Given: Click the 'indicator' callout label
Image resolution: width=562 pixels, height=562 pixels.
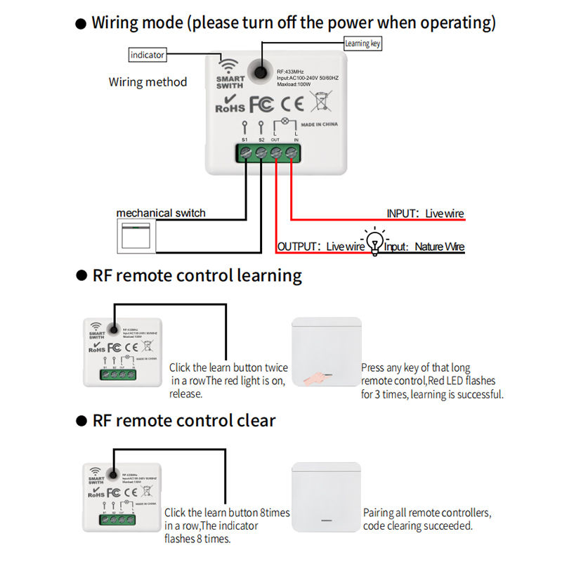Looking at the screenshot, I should click(x=148, y=54).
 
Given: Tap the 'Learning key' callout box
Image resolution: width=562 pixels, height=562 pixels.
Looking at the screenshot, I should click(x=363, y=44).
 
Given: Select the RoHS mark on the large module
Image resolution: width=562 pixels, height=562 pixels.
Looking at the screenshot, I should click(x=229, y=105).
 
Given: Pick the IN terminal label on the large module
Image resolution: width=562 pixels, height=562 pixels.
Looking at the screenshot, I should click(x=296, y=140).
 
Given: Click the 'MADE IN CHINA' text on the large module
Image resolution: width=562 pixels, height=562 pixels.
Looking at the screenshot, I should click(x=320, y=124).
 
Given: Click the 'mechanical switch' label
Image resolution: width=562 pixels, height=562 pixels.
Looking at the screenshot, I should click(x=161, y=213).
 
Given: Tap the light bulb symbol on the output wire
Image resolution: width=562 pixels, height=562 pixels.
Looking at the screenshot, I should click(x=375, y=240).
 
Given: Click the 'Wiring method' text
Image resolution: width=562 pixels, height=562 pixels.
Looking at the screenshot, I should click(x=148, y=82).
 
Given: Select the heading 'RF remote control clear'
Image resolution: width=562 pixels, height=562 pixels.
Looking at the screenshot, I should click(x=184, y=421).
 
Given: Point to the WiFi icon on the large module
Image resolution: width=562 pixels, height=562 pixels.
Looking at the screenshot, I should click(x=230, y=62).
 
